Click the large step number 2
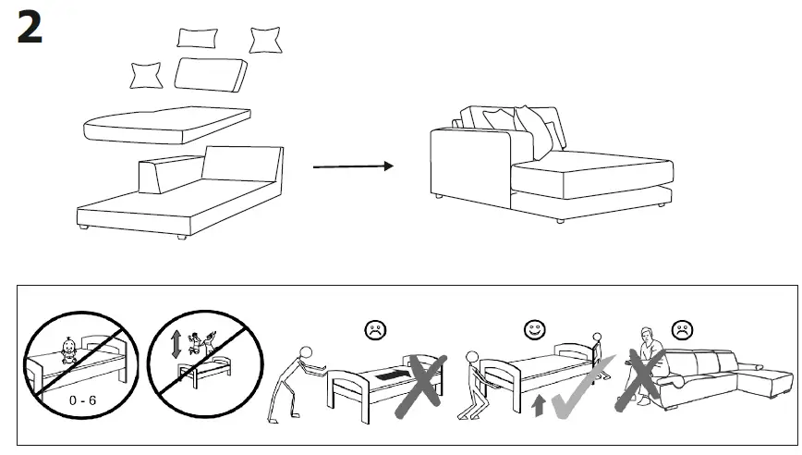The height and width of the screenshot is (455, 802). click(30, 29)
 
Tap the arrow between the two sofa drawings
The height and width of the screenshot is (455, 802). click(353, 167)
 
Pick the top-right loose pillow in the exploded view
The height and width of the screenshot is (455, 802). click(265, 40)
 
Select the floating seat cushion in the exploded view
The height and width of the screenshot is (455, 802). click(167, 124)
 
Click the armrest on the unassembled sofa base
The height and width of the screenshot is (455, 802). click(163, 175)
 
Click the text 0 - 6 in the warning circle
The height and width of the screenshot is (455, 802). click(81, 401)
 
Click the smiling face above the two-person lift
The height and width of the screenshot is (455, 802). click(533, 328)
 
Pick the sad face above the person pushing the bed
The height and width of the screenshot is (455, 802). click(376, 328)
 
